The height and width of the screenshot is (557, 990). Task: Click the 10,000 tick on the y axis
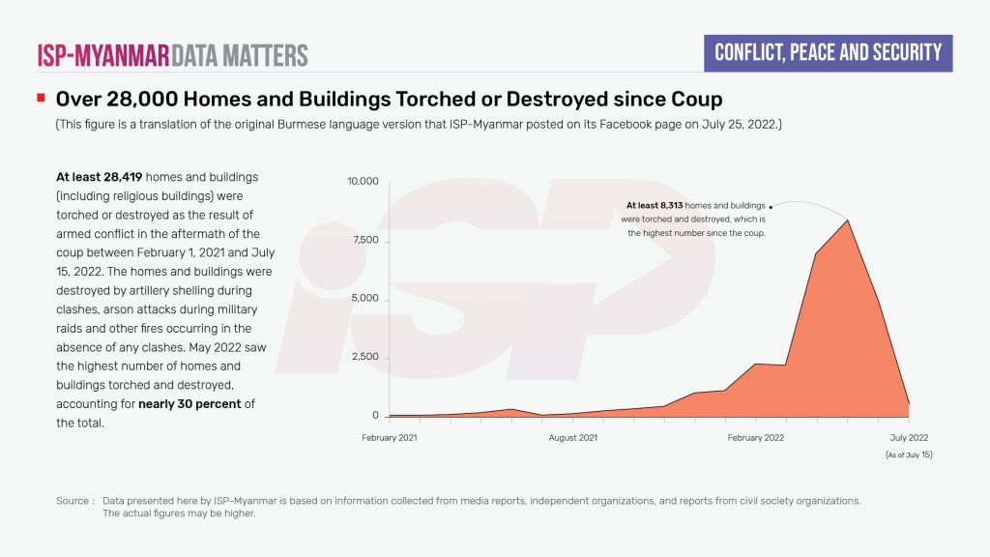tap(364, 182)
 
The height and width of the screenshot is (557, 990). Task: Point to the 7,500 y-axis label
tap(366, 240)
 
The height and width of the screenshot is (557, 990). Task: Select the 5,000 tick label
tap(366, 299)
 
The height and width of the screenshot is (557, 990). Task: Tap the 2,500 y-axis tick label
tap(366, 358)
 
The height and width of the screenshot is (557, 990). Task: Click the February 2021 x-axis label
tap(390, 438)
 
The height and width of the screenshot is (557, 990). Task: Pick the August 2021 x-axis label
tap(573, 438)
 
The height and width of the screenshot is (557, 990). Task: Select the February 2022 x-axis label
tap(756, 438)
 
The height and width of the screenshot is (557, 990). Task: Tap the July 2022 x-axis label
tap(909, 438)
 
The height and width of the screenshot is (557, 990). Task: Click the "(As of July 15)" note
tap(909, 454)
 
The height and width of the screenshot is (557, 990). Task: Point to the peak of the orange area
tap(848, 220)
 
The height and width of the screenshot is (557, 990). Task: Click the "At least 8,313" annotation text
tap(655, 206)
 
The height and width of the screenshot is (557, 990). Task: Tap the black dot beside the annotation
tap(771, 207)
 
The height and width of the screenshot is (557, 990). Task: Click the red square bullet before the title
tap(41, 99)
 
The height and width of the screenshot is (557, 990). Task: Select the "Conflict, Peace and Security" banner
tap(828, 52)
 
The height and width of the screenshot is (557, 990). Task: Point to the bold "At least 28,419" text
tap(99, 177)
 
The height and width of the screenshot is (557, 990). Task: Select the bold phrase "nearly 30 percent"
tap(189, 403)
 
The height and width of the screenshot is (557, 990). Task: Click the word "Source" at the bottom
tap(73, 501)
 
